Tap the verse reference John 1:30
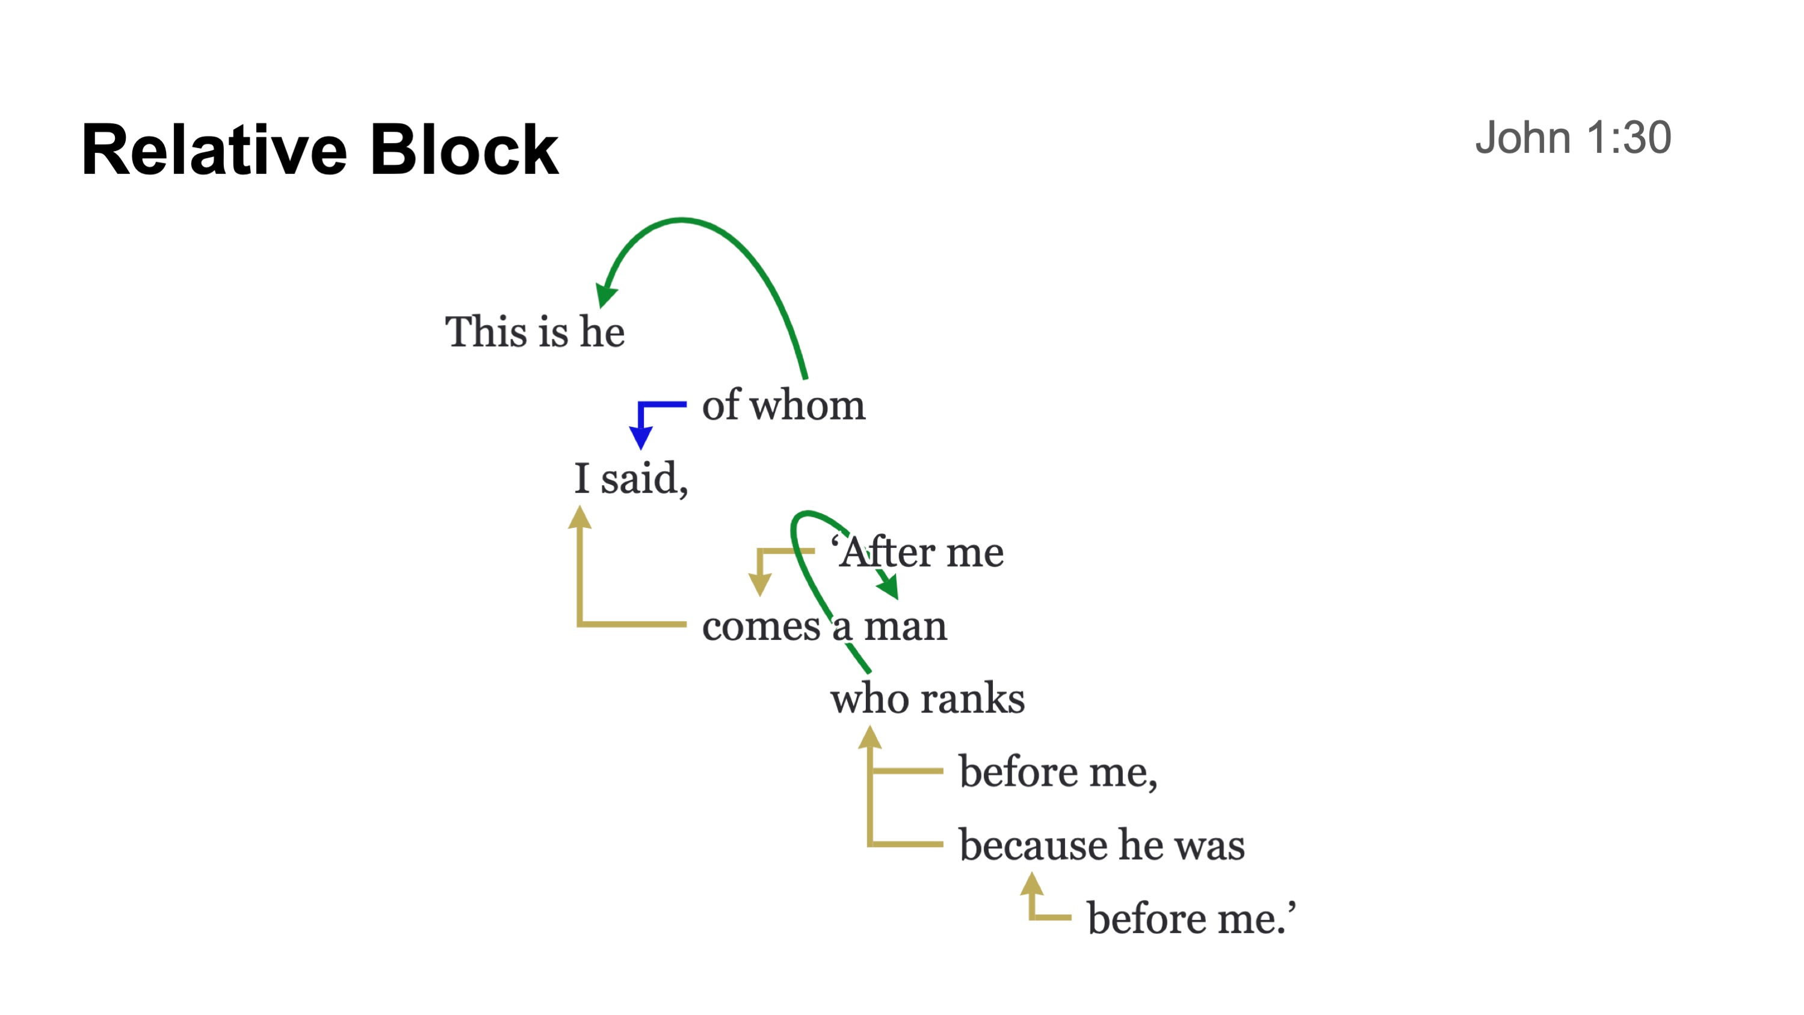tap(1572, 137)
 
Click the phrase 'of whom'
tap(783, 405)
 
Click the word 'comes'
tap(761, 625)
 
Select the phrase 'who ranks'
tap(927, 698)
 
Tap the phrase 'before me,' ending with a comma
tap(1057, 772)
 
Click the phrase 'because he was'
tap(1102, 845)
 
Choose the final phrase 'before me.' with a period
tap(1190, 918)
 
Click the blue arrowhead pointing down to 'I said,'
tap(641, 438)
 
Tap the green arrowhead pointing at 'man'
tap(889, 587)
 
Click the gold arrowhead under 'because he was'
tap(1031, 883)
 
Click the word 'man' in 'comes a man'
tap(905, 625)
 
